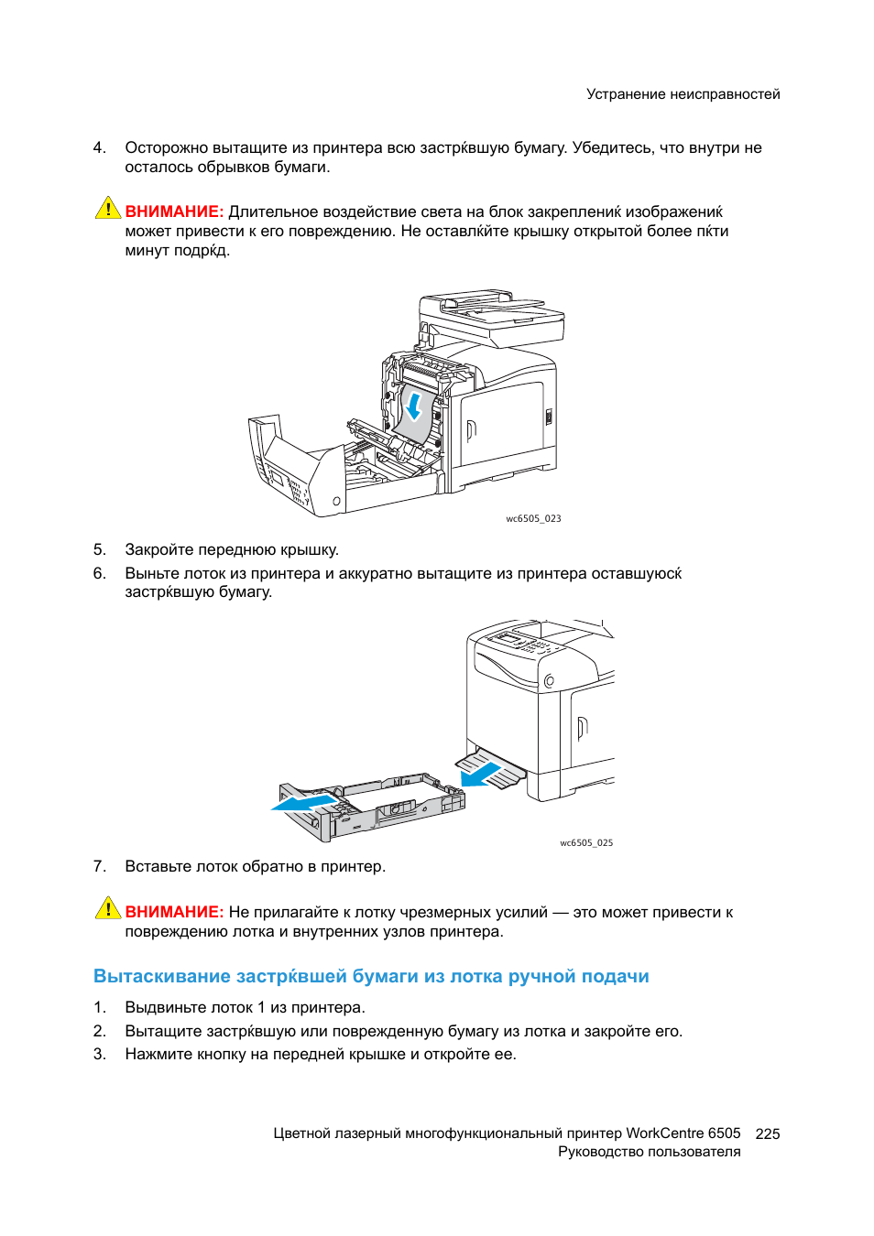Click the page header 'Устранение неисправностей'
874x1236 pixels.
[x=683, y=94]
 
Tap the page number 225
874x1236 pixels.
[x=767, y=1133]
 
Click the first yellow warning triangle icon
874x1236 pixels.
[x=108, y=209]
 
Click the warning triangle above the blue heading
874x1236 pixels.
[x=108, y=908]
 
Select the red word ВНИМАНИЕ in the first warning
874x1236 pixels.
[x=174, y=211]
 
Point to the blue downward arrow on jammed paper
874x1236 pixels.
[x=415, y=406]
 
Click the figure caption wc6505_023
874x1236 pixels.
[x=533, y=518]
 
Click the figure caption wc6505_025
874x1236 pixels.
[x=586, y=842]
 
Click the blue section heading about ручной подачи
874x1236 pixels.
[x=371, y=976]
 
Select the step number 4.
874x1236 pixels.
[x=99, y=147]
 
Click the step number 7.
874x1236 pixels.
[x=99, y=866]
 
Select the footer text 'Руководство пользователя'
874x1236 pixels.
[x=649, y=1152]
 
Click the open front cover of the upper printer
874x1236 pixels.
[x=293, y=467]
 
